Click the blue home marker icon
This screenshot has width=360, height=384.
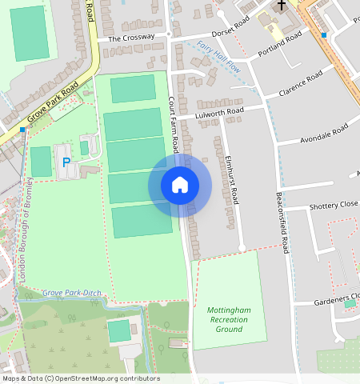(x=180, y=185)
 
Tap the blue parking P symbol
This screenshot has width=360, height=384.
(x=66, y=162)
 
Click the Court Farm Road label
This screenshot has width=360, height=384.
(x=174, y=125)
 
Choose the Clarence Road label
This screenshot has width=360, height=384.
(x=300, y=83)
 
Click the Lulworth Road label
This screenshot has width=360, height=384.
(x=219, y=112)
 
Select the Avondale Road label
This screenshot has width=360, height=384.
(x=323, y=134)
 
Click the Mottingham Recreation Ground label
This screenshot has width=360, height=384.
(x=228, y=319)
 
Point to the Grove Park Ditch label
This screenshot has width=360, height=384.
(x=72, y=293)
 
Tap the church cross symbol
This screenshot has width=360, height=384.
(x=281, y=5)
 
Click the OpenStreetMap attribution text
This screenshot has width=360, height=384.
(x=80, y=378)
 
